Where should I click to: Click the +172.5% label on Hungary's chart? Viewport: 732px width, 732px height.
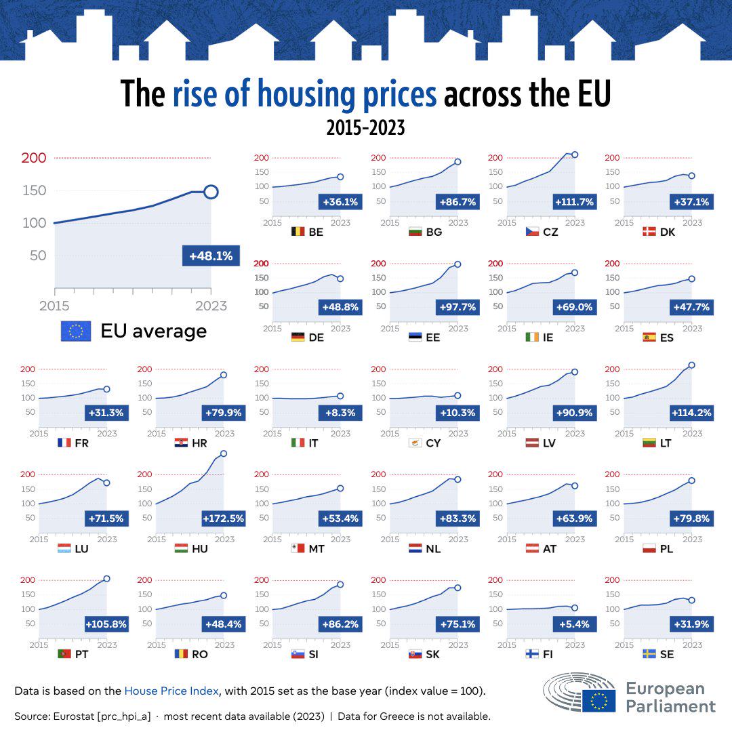coord(222,518)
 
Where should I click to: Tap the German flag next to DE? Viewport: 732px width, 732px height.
coord(298,337)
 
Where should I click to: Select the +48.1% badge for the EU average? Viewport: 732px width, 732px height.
coord(211,256)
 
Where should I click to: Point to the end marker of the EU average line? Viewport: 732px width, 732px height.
coord(211,192)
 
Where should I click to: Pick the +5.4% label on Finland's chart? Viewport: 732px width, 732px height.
coord(575,624)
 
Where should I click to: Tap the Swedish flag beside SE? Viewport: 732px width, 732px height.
coord(649,654)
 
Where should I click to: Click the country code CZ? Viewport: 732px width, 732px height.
coord(550,232)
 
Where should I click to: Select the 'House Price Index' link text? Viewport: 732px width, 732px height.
coord(171,691)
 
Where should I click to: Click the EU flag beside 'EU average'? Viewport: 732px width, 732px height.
coord(76,331)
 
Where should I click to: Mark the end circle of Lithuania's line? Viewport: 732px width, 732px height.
coord(691,365)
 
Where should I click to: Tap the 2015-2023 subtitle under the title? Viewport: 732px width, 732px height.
coord(365,127)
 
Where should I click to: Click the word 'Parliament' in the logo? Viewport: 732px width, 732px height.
coord(670,706)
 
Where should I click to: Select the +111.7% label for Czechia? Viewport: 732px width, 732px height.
coord(574,201)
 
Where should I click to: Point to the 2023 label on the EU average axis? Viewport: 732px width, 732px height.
coord(211,306)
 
